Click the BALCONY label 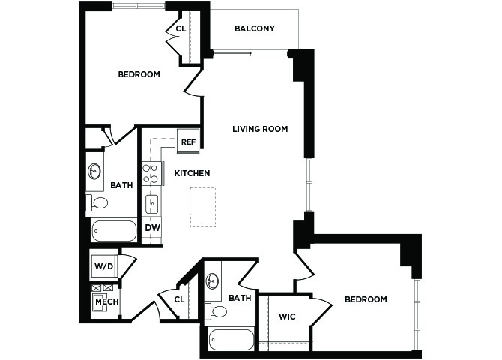255,28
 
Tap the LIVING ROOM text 260,129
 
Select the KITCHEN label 192,173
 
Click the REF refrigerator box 188,141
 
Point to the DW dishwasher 152,228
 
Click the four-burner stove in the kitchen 151,173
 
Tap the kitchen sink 152,204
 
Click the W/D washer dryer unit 103,266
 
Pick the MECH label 107,301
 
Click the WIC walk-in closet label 287,316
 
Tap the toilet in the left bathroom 97,202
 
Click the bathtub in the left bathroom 114,231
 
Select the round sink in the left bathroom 94,172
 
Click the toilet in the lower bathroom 216,311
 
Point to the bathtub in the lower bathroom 232,340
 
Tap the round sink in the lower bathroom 212,280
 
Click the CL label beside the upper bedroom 181,28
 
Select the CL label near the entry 180,299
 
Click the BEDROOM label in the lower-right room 366,299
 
